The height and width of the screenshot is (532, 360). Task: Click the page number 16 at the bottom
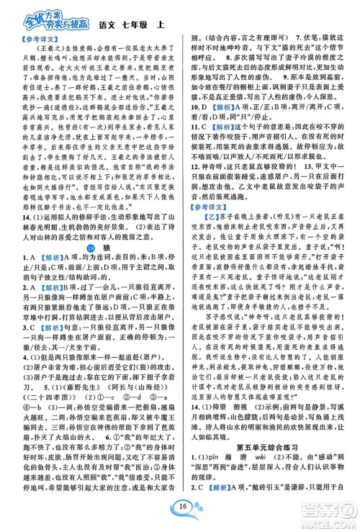click(179, 514)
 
